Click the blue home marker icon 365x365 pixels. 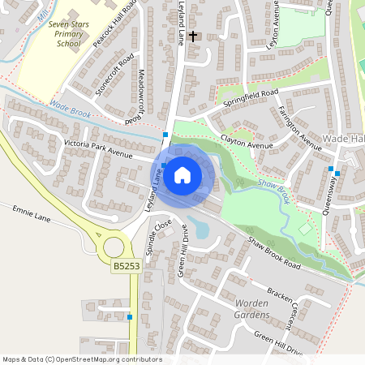coord(182,175)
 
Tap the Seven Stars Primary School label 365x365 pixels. coord(70,34)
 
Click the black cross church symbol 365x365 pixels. coord(193,36)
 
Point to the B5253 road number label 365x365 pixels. coord(125,265)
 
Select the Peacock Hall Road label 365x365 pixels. coord(112,28)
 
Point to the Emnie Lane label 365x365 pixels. coord(31,214)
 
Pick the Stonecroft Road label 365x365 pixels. coord(114,75)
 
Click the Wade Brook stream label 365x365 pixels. coord(69,106)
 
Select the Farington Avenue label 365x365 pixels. coord(299,123)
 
